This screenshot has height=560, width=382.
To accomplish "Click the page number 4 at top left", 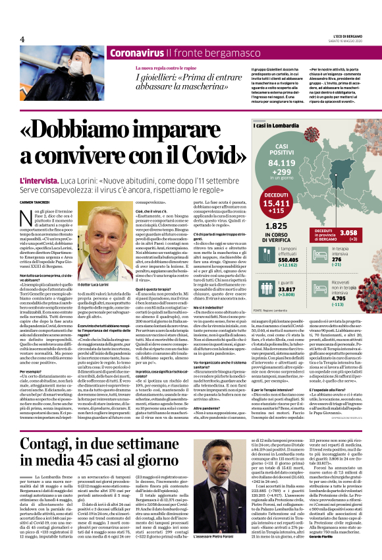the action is pyautogui.click(x=22, y=40).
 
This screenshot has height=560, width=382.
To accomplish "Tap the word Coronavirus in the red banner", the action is pyautogui.click(x=136, y=53).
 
